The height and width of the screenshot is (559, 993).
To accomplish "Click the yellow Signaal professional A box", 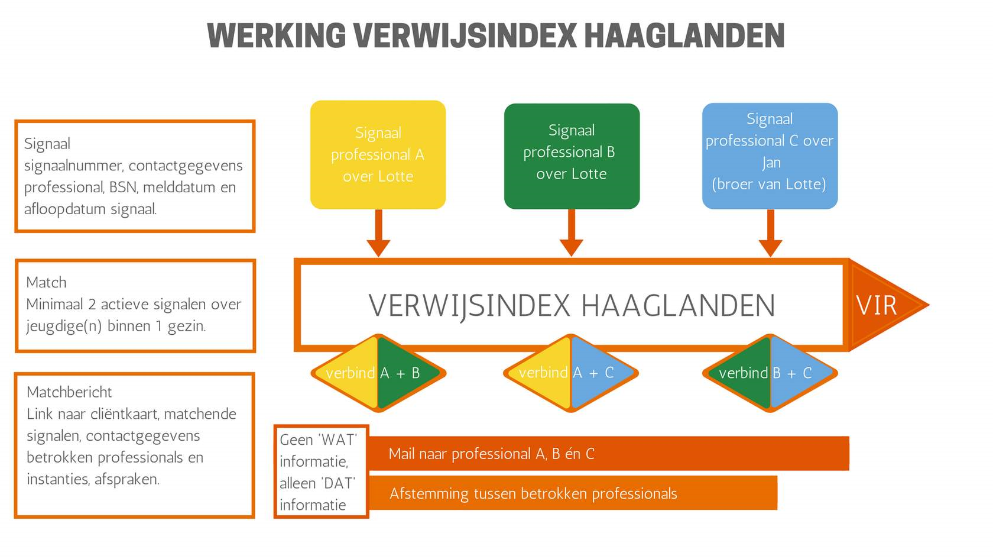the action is click(378, 154).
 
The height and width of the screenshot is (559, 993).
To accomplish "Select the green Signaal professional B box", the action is click(572, 156).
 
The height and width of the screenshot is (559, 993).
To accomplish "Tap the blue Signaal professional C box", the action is click(770, 156).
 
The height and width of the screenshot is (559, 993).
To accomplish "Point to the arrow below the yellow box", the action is click(378, 233).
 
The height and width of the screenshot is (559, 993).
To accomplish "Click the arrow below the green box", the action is click(572, 233).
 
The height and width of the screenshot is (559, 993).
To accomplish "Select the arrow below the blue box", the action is click(771, 233).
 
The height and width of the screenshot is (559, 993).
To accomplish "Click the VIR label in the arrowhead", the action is click(876, 305).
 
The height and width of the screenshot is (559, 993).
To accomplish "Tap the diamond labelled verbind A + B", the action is click(378, 373).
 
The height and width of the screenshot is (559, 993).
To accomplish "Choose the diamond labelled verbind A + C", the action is click(571, 373).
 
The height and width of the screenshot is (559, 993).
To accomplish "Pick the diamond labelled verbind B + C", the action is click(770, 373).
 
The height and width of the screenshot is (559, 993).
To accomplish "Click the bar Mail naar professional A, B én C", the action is click(609, 453).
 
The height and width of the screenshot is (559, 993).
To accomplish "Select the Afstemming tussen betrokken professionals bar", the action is click(573, 493).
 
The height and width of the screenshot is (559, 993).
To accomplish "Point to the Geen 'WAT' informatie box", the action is click(322, 471).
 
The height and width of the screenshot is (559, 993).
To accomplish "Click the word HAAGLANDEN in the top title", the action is click(684, 35).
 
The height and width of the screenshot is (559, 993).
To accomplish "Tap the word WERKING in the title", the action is click(276, 35).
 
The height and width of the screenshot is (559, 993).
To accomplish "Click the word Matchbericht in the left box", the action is click(69, 392).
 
